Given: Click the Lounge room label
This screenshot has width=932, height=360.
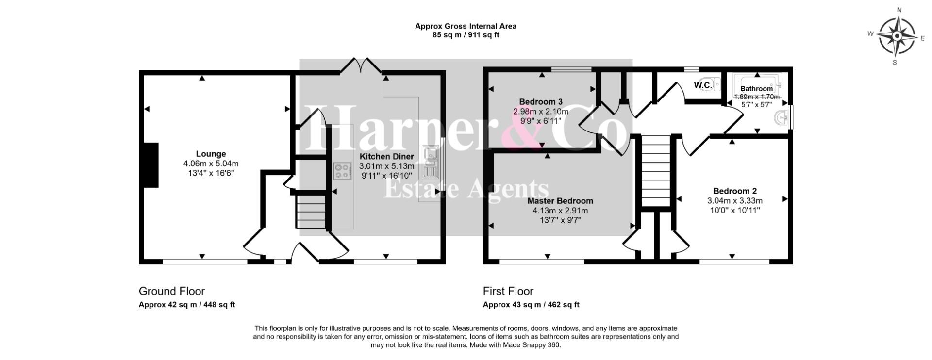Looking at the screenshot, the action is [x=211, y=154].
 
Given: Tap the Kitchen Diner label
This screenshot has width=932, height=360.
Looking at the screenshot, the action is [x=387, y=156].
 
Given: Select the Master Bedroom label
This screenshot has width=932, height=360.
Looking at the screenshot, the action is [x=560, y=201].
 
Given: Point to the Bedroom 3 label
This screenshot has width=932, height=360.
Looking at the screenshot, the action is [x=541, y=102].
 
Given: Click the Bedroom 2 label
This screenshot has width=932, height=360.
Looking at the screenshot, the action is [x=735, y=191].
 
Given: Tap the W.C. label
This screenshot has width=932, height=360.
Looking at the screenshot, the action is [x=703, y=85].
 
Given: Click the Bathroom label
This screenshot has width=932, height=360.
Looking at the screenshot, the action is [x=756, y=89].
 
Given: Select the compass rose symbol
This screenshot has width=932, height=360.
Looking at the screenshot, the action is [x=896, y=36].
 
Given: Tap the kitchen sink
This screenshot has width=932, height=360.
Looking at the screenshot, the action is [x=431, y=163].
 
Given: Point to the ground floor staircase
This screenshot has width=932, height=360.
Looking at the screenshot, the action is [x=311, y=211].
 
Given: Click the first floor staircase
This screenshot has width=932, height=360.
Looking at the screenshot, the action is [x=656, y=171].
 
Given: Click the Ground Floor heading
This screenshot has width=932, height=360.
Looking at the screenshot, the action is [x=172, y=291].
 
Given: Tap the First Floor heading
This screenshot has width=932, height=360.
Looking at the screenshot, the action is [x=508, y=291].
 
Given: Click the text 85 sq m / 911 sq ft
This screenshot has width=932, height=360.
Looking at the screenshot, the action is [x=466, y=35].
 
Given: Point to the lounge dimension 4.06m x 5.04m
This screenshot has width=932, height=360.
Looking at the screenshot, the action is [x=211, y=164].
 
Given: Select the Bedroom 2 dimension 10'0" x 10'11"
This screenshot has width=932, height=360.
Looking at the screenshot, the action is [x=735, y=210].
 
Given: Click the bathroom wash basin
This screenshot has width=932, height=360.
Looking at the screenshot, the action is [x=781, y=117].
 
